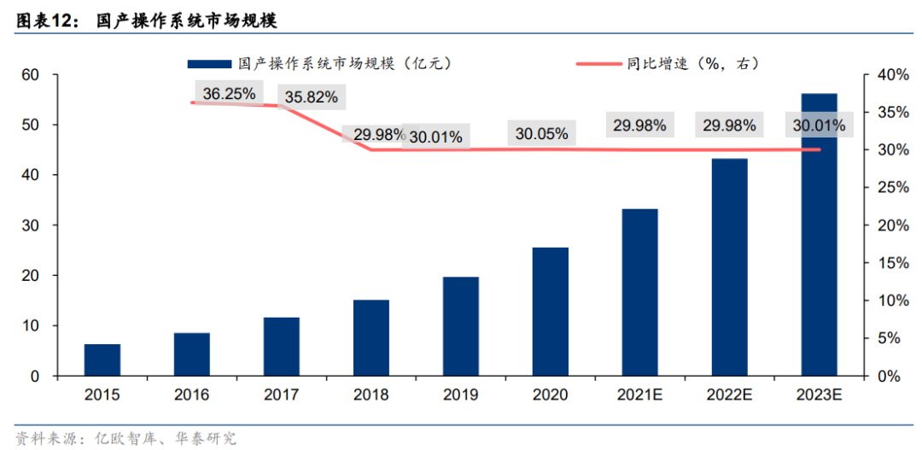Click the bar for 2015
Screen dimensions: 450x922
102,359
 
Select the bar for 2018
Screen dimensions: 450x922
371,337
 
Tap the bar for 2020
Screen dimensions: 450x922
551,312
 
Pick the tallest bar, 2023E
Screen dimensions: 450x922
820,235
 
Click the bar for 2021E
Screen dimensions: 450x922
640,292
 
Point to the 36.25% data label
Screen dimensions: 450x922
230,94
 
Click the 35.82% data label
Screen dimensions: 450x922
311,97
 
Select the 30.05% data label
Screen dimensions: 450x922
542,133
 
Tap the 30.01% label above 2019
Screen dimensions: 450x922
435,136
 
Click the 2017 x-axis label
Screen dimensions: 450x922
282,394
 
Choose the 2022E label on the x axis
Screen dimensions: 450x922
730,394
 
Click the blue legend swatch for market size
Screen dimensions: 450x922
209,63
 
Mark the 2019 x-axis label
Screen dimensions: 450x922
461,394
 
